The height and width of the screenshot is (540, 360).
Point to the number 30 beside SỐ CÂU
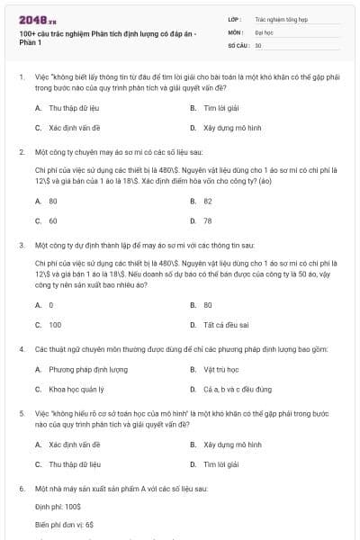(x=258, y=45)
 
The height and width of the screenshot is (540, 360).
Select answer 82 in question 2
(x=208, y=201)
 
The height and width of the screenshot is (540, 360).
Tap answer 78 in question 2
(x=208, y=220)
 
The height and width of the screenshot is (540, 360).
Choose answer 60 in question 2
(x=53, y=220)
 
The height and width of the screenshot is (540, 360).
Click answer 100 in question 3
(x=55, y=325)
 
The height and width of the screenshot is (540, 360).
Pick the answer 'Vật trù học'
(x=220, y=369)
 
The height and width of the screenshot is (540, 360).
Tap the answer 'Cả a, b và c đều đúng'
(x=237, y=390)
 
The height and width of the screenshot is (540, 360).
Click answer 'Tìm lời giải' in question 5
(x=220, y=464)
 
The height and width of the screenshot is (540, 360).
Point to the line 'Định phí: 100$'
(x=58, y=508)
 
